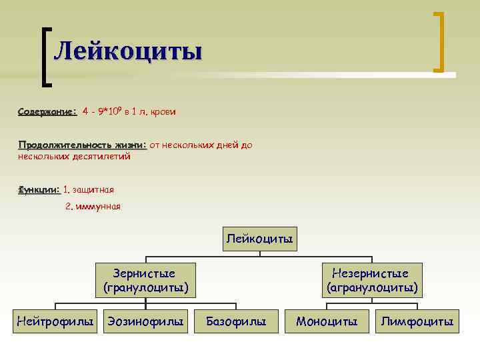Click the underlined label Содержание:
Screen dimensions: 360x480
47,111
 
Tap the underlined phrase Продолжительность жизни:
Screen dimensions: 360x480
82,145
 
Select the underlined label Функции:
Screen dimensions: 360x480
39,190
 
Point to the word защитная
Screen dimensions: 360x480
93,190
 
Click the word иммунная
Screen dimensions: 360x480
98,207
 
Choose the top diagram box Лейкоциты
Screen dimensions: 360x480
260,239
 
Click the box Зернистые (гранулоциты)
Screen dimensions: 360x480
145,280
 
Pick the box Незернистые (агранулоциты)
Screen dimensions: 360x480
372,280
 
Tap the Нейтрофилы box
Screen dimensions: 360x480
55,322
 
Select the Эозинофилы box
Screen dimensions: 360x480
145,322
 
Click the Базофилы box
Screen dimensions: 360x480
236,322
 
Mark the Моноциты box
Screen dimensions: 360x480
327,322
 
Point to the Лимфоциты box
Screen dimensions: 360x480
417,322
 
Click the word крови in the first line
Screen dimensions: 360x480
163,111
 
